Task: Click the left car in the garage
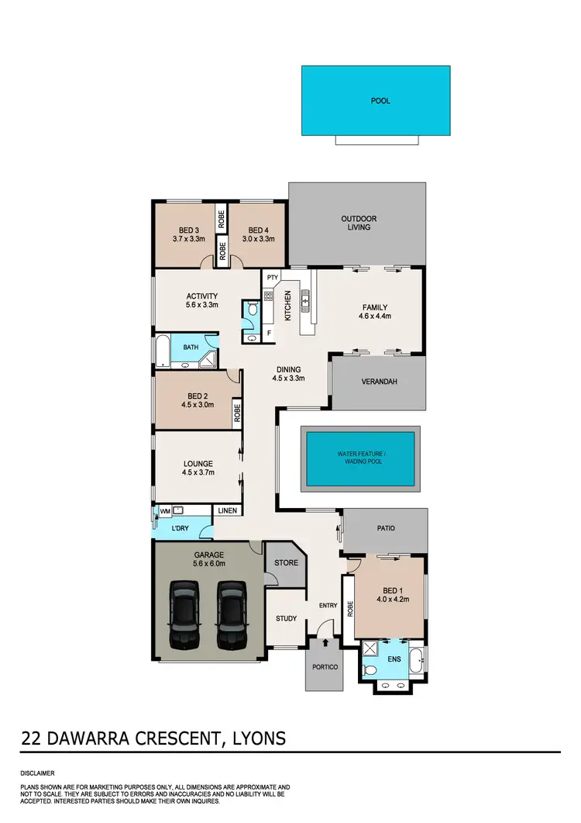click(185, 617)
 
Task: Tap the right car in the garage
click(231, 617)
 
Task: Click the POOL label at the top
click(380, 101)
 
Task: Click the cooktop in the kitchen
click(269, 296)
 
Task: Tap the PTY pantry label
click(272, 278)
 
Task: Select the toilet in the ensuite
click(370, 669)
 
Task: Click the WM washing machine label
click(164, 511)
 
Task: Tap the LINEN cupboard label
click(227, 510)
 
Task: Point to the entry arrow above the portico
click(325, 641)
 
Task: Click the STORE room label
click(286, 562)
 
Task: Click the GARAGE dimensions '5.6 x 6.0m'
click(208, 564)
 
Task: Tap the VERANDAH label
click(378, 382)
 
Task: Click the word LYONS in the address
click(257, 737)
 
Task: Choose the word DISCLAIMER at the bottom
click(38, 773)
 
